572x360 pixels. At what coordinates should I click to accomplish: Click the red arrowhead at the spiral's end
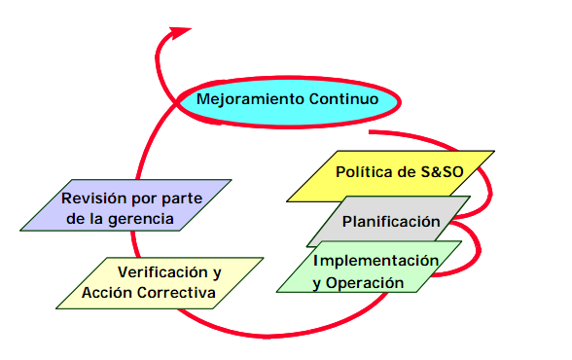[x=178, y=33]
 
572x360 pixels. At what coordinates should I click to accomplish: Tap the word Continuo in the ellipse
[x=343, y=99]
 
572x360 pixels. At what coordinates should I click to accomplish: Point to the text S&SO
[x=442, y=172]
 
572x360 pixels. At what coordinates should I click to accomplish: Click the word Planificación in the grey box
[x=391, y=222]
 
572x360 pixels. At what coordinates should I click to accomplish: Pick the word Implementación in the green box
[x=375, y=261]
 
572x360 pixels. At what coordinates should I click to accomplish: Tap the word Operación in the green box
[x=365, y=283]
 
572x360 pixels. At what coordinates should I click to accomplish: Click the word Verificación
[x=162, y=272]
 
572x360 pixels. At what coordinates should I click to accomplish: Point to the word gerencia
[x=141, y=219]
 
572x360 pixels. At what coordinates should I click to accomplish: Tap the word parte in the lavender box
[x=182, y=198]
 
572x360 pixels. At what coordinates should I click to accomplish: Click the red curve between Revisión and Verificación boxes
[x=134, y=244]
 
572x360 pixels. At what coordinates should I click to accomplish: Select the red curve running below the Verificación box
[x=277, y=335]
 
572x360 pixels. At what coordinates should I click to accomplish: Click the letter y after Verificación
[x=217, y=273]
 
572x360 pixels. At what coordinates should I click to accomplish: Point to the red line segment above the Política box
[x=416, y=137]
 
